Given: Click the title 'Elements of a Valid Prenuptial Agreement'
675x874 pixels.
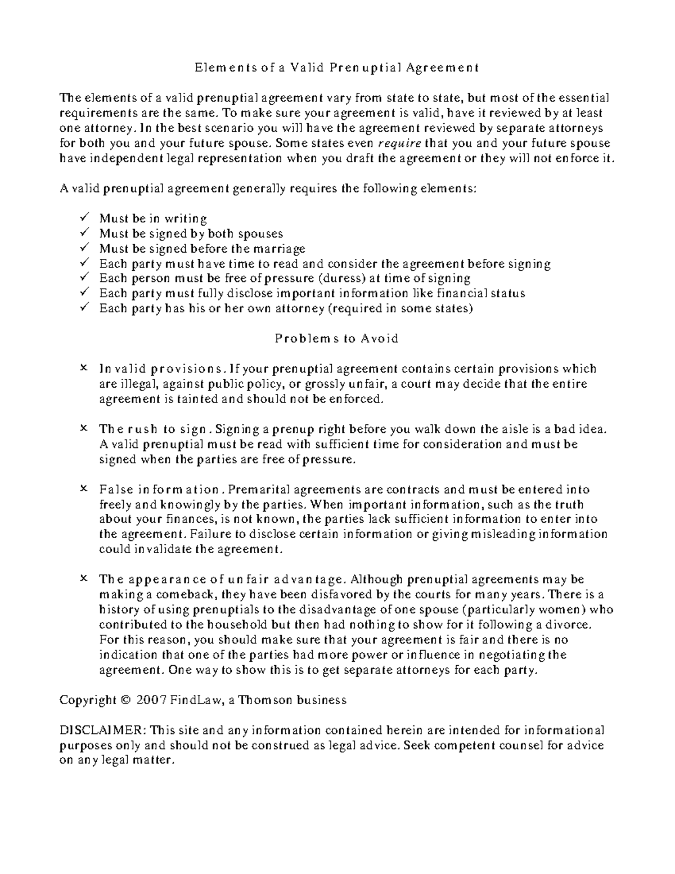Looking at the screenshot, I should point(336,68).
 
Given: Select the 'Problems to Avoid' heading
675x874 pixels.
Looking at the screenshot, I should point(336,339).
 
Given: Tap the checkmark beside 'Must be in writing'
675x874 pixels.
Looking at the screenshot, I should point(84,217).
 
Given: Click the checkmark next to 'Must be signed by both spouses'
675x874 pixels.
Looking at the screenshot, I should point(84,232).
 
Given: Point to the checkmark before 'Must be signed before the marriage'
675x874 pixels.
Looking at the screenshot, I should point(84,248).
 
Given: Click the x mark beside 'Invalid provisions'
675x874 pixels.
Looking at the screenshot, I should point(84,369).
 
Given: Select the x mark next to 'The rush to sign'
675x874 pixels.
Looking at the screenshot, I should point(84,429).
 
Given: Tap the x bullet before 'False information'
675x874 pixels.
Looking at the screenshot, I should point(84,489).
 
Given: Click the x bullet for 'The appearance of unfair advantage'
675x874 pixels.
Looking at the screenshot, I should point(84,579).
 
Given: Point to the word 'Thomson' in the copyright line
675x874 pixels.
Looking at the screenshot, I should point(265,701).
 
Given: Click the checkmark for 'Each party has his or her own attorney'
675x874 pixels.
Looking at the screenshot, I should point(84,308).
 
